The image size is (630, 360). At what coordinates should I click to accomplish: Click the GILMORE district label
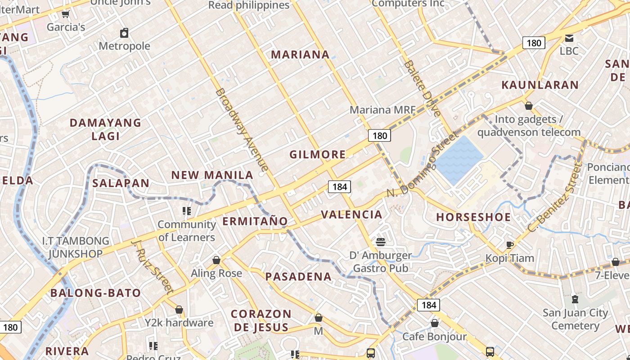(318, 154)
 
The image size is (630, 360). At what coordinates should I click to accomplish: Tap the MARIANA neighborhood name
(300, 54)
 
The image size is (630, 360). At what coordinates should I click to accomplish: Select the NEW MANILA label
(212, 175)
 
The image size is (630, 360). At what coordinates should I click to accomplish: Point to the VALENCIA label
(352, 214)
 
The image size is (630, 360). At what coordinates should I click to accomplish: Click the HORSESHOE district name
(473, 217)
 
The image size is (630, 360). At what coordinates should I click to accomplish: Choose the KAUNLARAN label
(540, 85)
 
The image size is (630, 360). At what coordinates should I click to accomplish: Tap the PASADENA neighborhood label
(298, 276)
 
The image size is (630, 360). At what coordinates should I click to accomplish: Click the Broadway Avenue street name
(242, 130)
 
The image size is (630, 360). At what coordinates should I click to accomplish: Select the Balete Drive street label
(422, 88)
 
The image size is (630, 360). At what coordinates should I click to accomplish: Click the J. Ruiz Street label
(152, 267)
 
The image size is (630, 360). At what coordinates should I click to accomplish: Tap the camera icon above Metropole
(124, 33)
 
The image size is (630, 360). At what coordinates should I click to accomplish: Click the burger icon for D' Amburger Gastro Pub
(380, 242)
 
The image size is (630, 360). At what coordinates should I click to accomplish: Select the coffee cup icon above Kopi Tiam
(509, 245)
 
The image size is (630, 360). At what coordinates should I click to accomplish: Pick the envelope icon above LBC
(569, 38)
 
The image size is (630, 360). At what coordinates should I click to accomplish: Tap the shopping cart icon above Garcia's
(66, 14)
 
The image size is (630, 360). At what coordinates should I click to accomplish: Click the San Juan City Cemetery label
(575, 319)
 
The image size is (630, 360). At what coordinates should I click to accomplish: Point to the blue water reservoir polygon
(458, 160)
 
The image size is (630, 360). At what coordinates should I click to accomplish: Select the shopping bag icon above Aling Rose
(216, 260)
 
